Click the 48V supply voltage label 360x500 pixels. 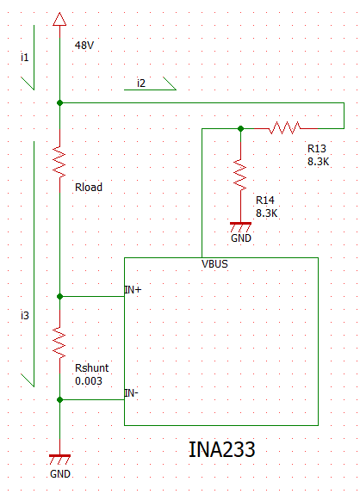(x=84, y=46)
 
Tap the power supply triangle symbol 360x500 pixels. (x=59, y=19)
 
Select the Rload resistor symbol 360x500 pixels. (x=59, y=161)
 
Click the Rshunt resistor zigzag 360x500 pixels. (x=59, y=342)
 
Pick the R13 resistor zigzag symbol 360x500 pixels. (x=285, y=128)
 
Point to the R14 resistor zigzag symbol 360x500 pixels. (x=240, y=174)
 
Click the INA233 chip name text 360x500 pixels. (x=222, y=449)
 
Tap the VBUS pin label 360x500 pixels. (x=214, y=264)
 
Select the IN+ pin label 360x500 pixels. (x=133, y=290)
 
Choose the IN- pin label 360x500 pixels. (x=132, y=393)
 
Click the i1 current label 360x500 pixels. (x=25, y=58)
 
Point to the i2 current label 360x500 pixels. (x=141, y=83)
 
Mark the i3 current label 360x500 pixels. (x=25, y=315)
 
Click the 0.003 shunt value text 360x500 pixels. (x=89, y=380)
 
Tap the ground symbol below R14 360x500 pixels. (x=240, y=228)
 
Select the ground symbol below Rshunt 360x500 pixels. (x=59, y=460)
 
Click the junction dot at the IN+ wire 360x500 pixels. (x=59, y=297)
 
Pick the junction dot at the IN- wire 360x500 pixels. (x=59, y=400)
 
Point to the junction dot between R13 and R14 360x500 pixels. (x=240, y=128)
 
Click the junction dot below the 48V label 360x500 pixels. (x=59, y=102)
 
